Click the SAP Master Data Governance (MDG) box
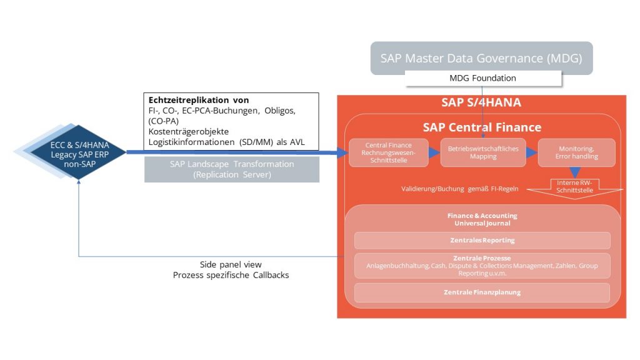coord(481,59)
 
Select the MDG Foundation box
coord(482,78)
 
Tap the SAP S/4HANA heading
coord(481,102)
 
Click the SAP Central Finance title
coord(481,127)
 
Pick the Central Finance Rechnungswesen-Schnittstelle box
coord(388,152)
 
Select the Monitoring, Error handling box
coord(576,152)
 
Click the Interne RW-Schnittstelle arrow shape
coord(573,186)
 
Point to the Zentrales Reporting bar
coord(482,240)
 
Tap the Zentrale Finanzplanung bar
coord(482,292)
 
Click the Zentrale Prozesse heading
coord(482,257)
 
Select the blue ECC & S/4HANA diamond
coord(79,151)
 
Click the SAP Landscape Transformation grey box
coord(231,169)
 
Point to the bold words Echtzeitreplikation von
coord(199,100)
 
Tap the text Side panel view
coord(231,264)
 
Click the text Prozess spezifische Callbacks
coord(231,274)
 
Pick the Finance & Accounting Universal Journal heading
coord(482,219)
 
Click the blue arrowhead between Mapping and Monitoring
coord(532,152)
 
